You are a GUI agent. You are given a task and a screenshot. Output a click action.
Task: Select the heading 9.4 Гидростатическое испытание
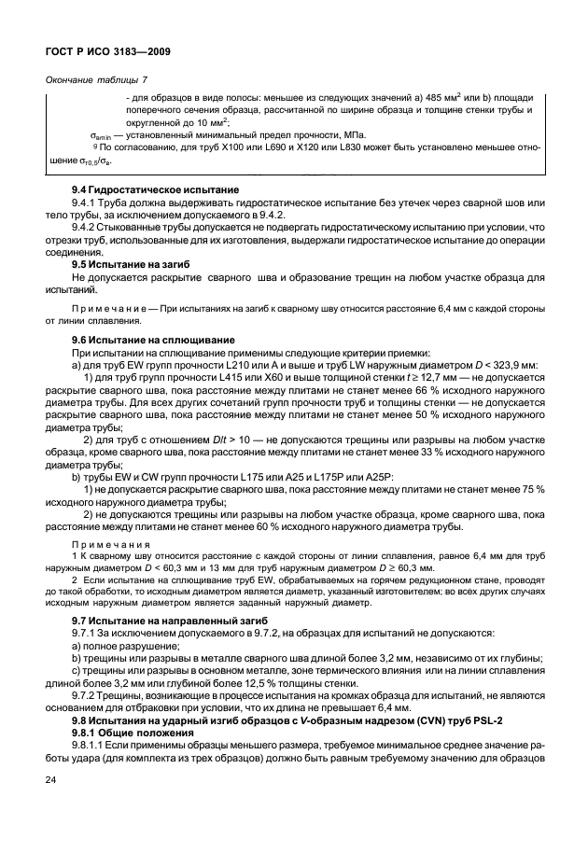click(x=145, y=190)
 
